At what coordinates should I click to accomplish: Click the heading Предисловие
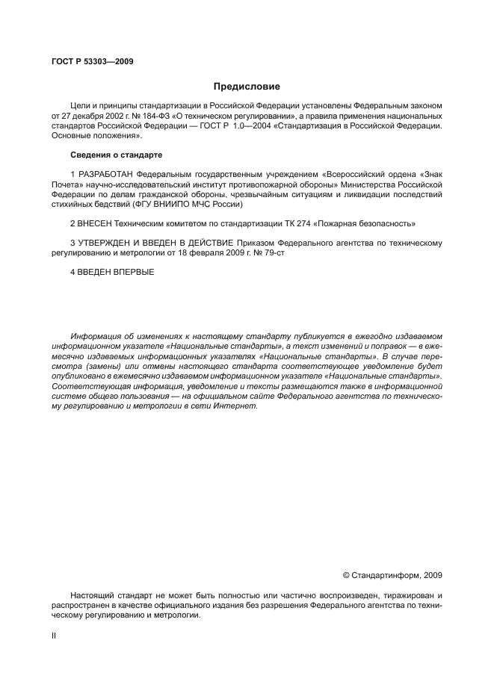(247, 87)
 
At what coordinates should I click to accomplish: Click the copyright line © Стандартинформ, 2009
(392, 575)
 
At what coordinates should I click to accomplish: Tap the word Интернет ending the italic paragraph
(235, 406)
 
